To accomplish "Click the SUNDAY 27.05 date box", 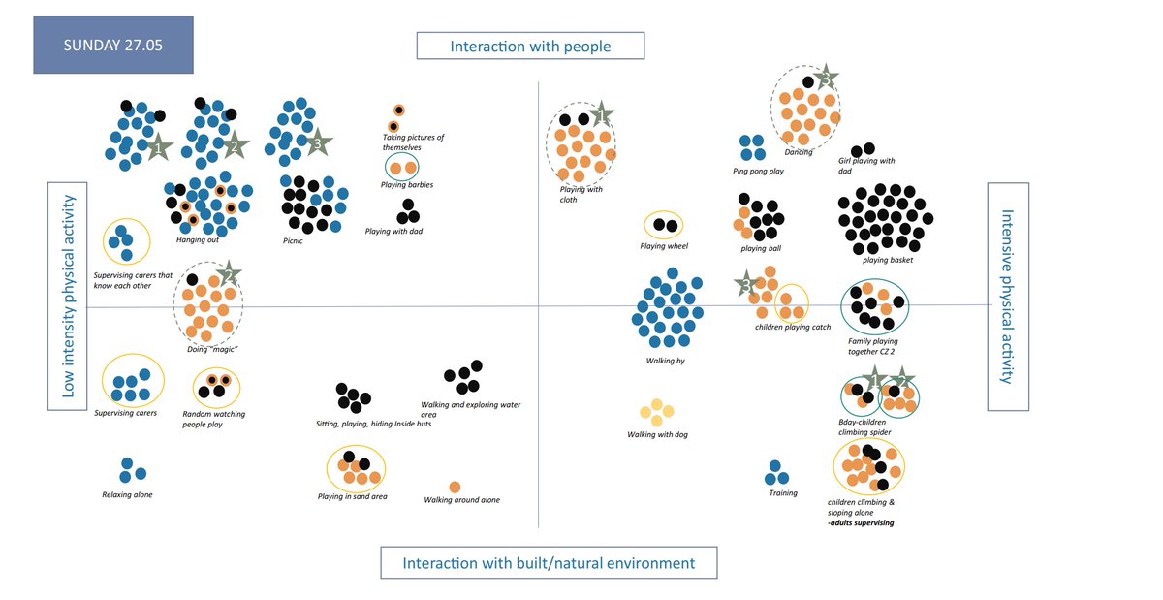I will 113,45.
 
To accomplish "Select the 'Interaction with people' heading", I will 531,46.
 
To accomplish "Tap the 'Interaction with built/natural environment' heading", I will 549,563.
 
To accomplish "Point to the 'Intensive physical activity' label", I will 1007,297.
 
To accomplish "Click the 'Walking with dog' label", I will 657,435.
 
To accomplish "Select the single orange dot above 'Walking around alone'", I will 455,487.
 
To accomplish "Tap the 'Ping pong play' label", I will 758,172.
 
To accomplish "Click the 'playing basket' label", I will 888,260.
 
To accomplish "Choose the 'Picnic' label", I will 292,240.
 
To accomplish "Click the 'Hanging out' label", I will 197,240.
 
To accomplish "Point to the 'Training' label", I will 783,493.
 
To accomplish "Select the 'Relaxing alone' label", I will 127,495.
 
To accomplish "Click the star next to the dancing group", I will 825,77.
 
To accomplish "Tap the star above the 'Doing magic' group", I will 229,273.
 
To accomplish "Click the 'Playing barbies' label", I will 406,184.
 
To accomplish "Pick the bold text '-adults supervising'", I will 861,523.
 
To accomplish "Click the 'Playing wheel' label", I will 664,246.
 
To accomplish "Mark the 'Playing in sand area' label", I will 352,497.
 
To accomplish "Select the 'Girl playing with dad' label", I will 866,166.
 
